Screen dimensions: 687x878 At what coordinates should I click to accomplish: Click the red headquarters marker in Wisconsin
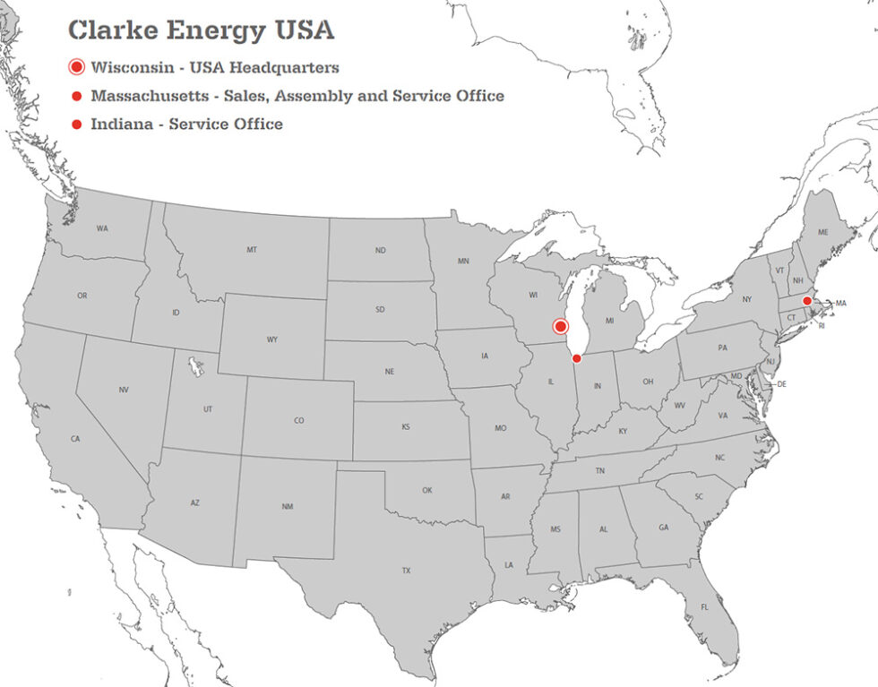pos(561,327)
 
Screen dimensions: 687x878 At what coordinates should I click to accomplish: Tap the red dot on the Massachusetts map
pos(806,301)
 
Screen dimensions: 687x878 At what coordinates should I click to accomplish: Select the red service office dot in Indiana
pos(576,358)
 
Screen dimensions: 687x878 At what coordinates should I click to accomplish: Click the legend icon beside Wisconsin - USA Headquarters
pos(76,67)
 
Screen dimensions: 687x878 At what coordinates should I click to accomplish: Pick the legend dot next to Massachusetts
pos(76,96)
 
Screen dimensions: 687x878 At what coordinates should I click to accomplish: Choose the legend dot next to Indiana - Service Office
pos(76,125)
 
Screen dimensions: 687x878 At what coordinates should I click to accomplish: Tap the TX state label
pos(406,571)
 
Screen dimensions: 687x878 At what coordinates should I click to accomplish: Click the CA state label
pos(75,439)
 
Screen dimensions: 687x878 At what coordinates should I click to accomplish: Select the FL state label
pos(704,607)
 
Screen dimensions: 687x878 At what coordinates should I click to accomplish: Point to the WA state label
pos(102,228)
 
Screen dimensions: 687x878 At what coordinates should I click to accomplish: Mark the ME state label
pos(822,232)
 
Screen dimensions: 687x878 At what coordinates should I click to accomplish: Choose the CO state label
pos(298,420)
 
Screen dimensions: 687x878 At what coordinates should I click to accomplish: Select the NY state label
pos(746,299)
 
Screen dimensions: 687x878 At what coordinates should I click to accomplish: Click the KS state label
pos(406,427)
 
